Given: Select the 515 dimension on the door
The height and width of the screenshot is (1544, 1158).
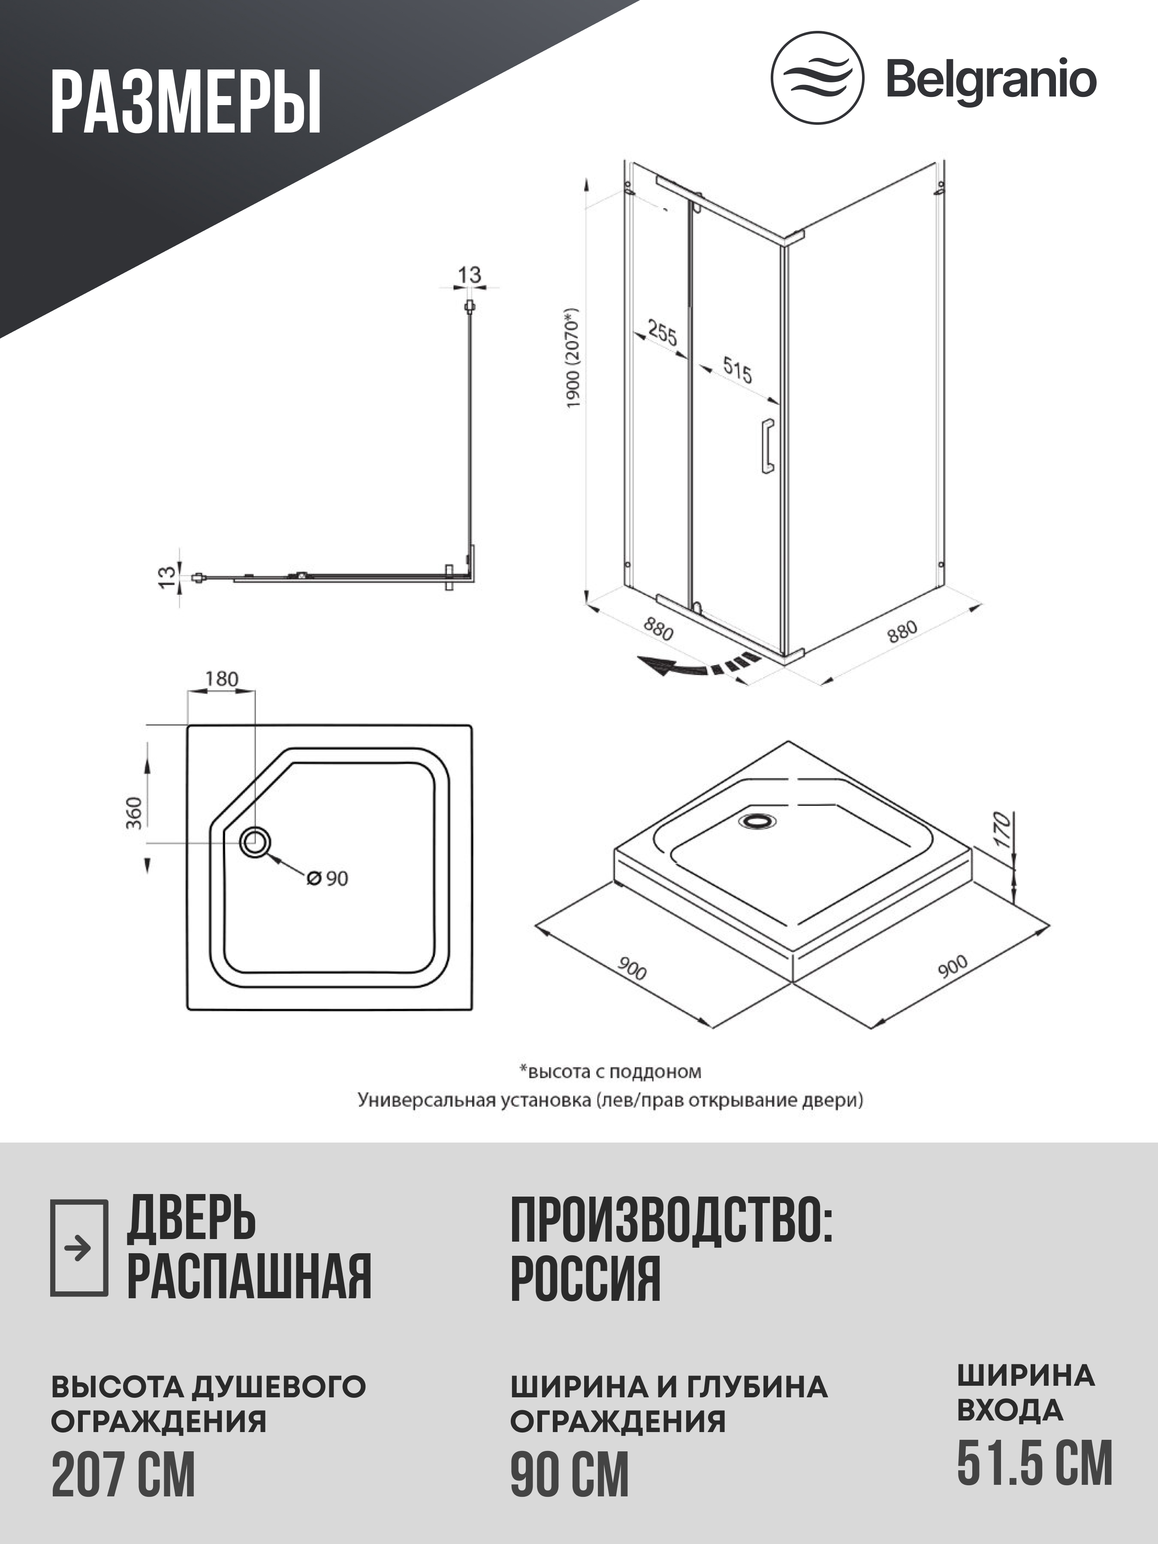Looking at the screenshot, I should pyautogui.click(x=737, y=370).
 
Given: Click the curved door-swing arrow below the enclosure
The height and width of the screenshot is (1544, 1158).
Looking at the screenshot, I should pyautogui.click(x=698, y=666).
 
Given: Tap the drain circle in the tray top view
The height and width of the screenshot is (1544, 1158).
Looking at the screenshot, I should pyautogui.click(x=255, y=842).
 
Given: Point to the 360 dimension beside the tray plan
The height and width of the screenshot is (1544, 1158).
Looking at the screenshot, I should pyautogui.click(x=133, y=812).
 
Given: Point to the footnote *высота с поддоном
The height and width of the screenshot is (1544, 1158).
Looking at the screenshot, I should pyautogui.click(x=610, y=1071).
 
